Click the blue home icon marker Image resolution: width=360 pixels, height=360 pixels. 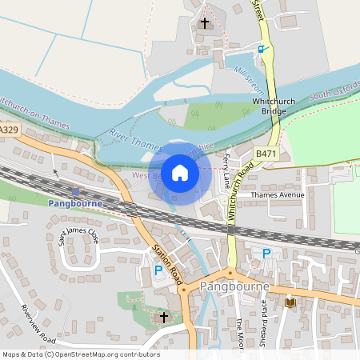(180, 172)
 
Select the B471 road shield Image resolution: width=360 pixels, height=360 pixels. (265, 152)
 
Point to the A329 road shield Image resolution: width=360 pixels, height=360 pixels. (9, 129)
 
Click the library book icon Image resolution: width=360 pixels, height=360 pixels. (290, 302)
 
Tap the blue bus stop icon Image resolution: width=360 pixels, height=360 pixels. (260, 49)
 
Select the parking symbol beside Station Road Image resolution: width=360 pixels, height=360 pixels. (158, 270)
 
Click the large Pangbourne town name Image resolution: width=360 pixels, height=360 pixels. (238, 286)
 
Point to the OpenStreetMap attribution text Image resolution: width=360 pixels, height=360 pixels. (81, 354)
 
